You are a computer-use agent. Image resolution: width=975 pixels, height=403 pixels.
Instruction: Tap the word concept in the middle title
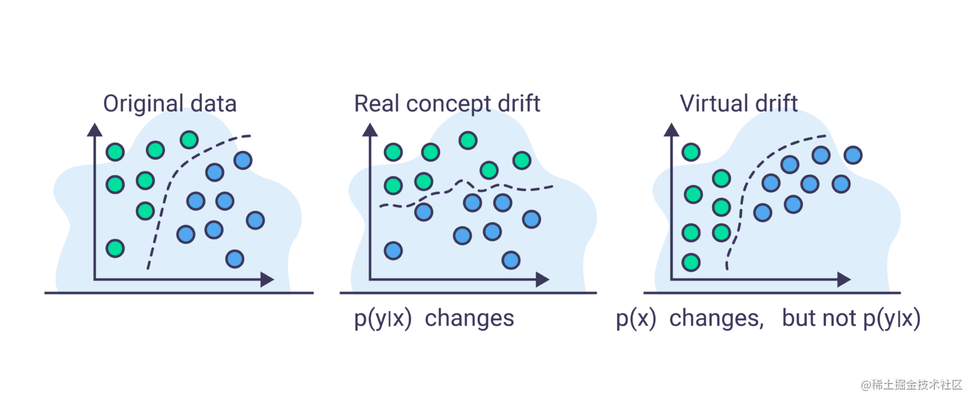(x=448, y=103)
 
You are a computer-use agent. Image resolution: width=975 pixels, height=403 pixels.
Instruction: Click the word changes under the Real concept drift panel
(x=469, y=319)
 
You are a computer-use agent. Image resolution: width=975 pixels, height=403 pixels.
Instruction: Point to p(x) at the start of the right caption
(x=636, y=319)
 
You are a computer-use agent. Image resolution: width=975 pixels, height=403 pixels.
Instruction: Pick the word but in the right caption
(x=799, y=319)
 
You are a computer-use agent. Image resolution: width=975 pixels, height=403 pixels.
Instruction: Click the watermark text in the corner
(x=911, y=384)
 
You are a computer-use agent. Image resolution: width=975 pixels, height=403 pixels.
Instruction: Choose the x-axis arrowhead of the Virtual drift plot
(x=844, y=279)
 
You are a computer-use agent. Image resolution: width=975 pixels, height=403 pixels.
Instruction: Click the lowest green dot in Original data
(x=115, y=248)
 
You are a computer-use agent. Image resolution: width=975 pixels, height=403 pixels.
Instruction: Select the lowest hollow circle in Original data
(x=235, y=259)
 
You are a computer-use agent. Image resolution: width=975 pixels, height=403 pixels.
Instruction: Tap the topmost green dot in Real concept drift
(x=468, y=140)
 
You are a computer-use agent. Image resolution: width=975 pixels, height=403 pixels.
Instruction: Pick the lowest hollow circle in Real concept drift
(x=510, y=260)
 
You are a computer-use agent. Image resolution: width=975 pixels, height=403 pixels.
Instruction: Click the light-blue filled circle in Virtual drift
(x=854, y=154)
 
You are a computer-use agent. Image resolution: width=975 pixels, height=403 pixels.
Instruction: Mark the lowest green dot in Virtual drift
(x=691, y=261)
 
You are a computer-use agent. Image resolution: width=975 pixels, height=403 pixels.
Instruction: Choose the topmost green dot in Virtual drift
(x=691, y=152)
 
